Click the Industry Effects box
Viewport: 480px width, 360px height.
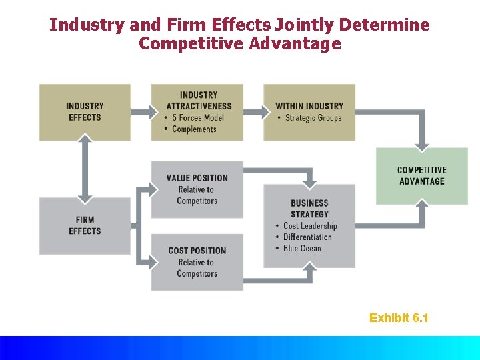pyautogui.click(x=85, y=112)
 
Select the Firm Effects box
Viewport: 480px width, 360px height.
pyautogui.click(x=85, y=225)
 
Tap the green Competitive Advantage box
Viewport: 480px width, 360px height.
pyautogui.click(x=421, y=176)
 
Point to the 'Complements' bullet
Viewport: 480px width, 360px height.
pyautogui.click(x=193, y=129)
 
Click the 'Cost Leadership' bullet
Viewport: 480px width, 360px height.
pyautogui.click(x=310, y=226)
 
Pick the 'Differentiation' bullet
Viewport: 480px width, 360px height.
pyautogui.click(x=307, y=237)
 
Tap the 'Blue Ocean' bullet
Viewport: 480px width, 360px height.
pyautogui.click(x=301, y=249)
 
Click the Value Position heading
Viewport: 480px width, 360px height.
pyautogui.click(x=197, y=178)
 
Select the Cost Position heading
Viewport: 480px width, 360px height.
pyautogui.click(x=197, y=251)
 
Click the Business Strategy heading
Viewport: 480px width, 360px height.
pyautogui.click(x=309, y=209)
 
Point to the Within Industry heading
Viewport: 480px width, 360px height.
pyautogui.click(x=309, y=106)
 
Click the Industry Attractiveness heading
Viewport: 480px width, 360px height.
pyautogui.click(x=199, y=101)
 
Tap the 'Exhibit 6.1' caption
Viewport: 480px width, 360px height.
pyautogui.click(x=399, y=318)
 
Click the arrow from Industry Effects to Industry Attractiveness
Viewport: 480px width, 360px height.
pyautogui.click(x=141, y=112)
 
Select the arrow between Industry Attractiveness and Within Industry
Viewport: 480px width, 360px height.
pyautogui.click(x=253, y=112)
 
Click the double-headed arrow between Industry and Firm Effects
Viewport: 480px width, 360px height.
pyautogui.click(x=85, y=169)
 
